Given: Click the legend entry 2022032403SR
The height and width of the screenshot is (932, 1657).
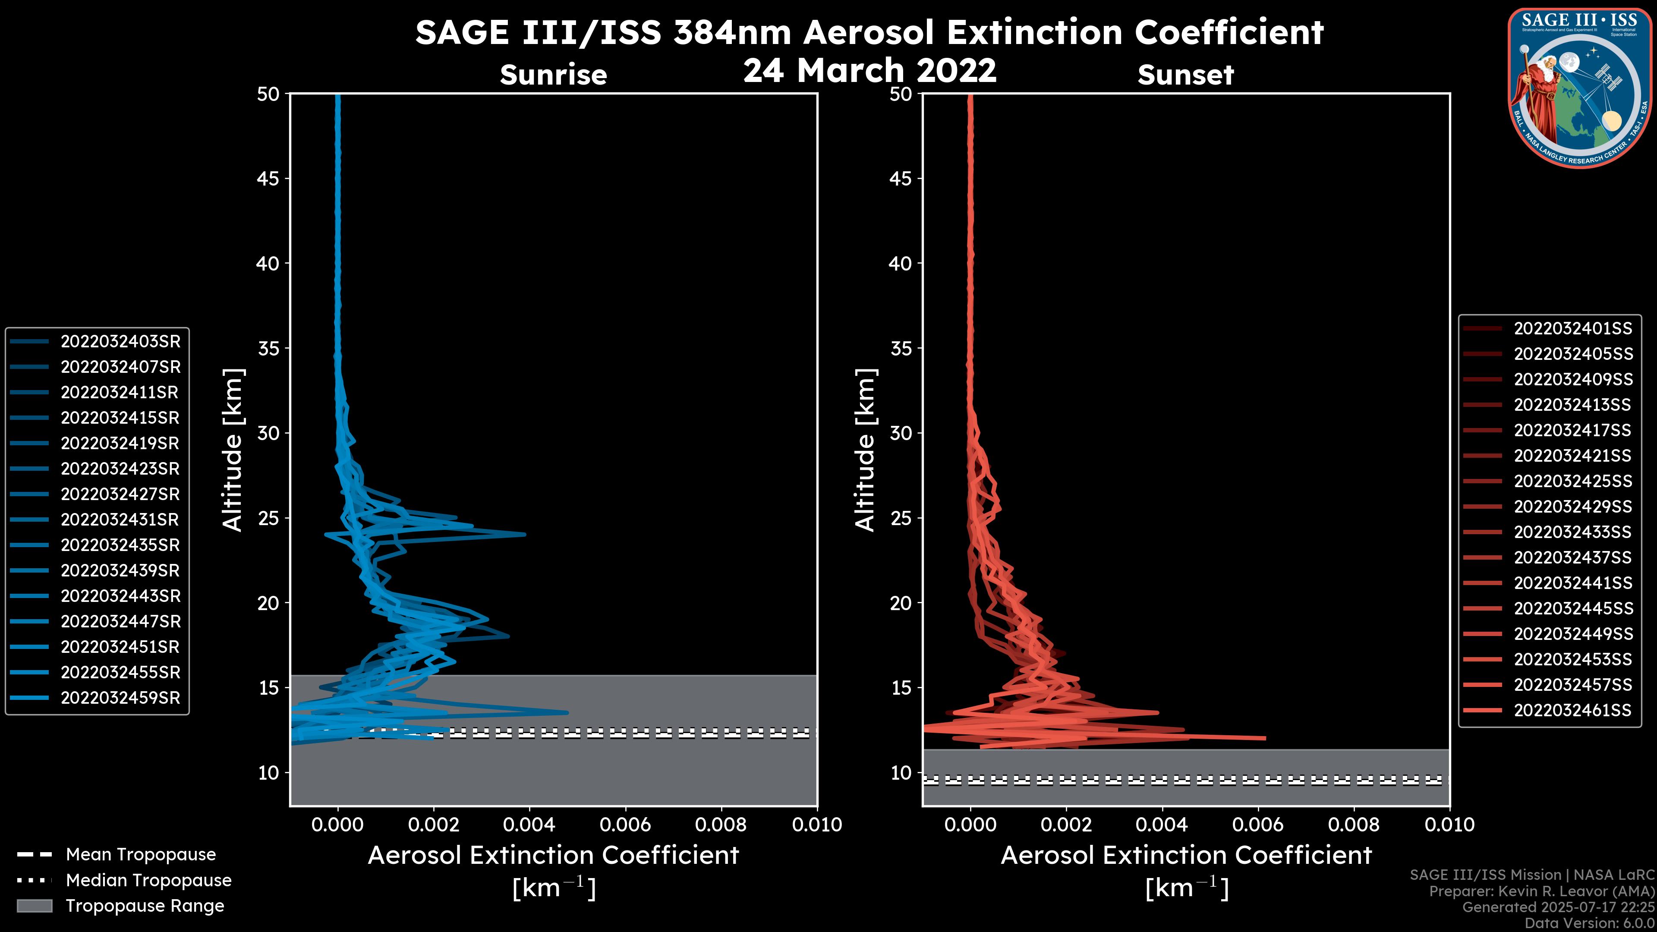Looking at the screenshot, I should click(120, 342).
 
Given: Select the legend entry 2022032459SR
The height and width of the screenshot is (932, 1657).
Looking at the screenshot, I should click(120, 698).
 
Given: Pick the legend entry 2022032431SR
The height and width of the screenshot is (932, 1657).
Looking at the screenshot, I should click(120, 520).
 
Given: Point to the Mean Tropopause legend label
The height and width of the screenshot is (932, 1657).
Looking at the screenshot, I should click(141, 855).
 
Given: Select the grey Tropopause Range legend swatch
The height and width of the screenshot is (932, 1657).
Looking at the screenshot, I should click(35, 906).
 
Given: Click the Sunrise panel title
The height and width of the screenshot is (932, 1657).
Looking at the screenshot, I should click(553, 75).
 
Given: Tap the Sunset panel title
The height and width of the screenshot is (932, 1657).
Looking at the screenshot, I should click(1185, 75).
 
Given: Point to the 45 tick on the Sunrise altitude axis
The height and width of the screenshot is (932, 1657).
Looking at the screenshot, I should click(268, 178).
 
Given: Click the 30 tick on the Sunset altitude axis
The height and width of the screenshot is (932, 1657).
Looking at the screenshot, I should click(901, 433).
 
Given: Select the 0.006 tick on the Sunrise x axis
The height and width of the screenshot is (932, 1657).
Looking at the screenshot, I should click(625, 825).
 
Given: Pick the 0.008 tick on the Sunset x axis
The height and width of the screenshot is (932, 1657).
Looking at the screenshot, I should click(1354, 825).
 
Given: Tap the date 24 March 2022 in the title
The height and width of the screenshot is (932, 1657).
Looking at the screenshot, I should click(869, 70).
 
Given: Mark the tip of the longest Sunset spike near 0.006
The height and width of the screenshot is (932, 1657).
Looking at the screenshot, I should click(1265, 738).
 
